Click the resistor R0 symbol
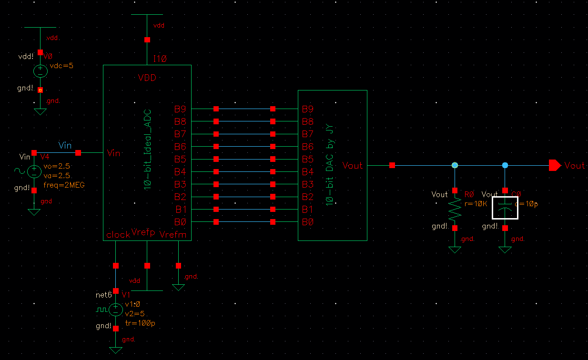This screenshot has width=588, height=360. tap(455, 209)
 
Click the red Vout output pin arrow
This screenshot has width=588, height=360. tap(555, 165)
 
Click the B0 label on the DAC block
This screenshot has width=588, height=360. tap(308, 222)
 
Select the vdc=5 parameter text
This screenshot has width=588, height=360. tap(62, 66)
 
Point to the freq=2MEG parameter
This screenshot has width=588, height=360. tap(67, 185)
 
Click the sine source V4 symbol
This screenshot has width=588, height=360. tap(34, 171)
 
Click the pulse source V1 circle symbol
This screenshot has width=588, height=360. tap(115, 310)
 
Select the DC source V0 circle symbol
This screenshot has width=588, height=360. tap(40, 71)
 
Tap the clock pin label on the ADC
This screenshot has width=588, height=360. tap(118, 235)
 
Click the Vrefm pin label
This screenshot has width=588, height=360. tap(176, 235)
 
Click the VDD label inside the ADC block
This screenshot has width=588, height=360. tap(147, 78)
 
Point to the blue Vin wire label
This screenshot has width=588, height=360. tap(65, 145)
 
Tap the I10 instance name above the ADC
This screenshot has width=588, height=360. tap(160, 59)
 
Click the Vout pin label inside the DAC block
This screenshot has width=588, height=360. tap(352, 165)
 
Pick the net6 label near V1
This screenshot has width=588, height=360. tap(103, 295)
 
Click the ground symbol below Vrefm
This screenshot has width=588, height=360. tap(178, 287)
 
